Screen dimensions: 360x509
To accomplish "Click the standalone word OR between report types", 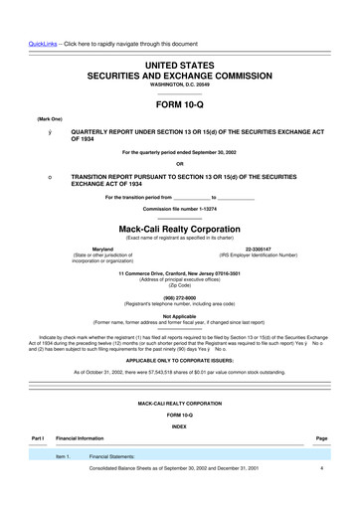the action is (179, 164).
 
